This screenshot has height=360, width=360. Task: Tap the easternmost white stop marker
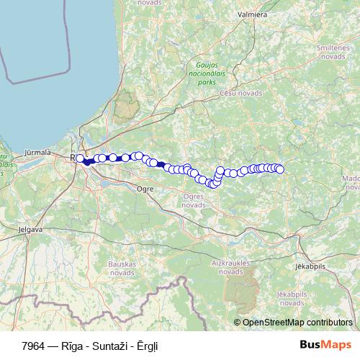pyautogui.click(x=280, y=170)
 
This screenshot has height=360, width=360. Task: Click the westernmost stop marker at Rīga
pyautogui.click(x=80, y=158)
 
